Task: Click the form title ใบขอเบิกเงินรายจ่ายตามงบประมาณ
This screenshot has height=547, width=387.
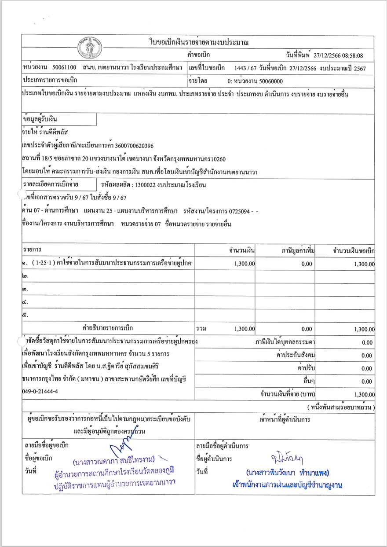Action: point(199,42)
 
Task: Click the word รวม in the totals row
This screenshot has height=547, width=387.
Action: point(201,329)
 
